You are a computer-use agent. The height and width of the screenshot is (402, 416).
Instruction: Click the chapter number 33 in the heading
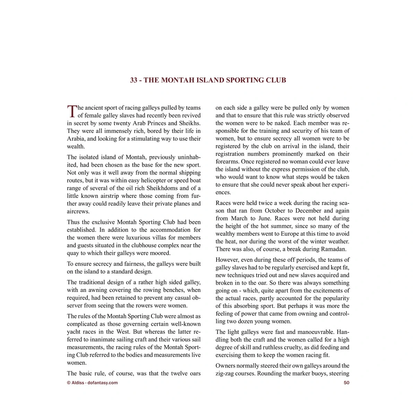point(134,80)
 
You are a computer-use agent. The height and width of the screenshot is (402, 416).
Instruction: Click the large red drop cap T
point(71,111)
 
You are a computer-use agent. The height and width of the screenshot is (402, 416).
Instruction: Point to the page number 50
point(346,383)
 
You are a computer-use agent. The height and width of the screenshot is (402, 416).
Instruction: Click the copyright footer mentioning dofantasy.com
point(92,383)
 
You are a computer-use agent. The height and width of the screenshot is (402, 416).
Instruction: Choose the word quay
point(73,253)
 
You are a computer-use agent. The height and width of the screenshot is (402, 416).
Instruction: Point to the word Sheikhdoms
point(163,188)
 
